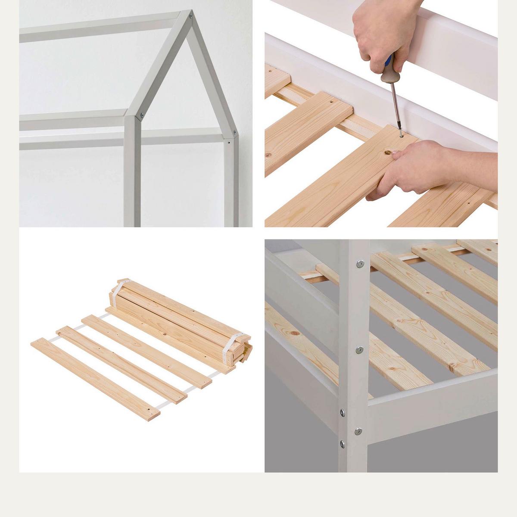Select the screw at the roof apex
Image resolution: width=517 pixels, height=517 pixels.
(x=190, y=18)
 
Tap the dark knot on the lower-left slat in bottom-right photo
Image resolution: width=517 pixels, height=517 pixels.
(x=294, y=334)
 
